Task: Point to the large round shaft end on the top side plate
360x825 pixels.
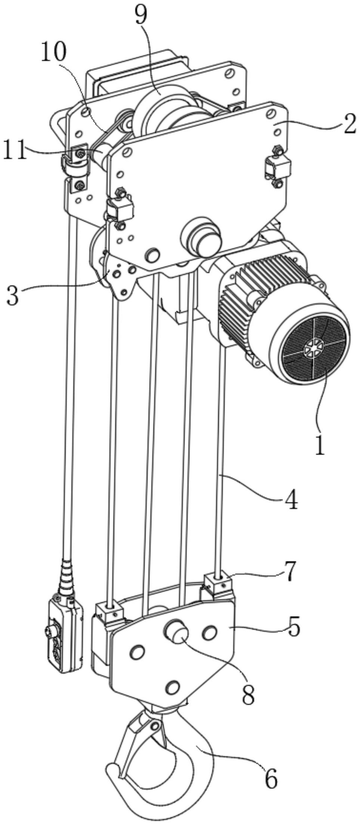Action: pos(201,238)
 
